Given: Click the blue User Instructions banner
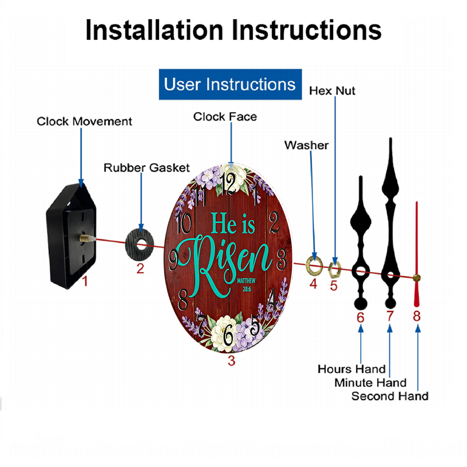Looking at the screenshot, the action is coord(230,84).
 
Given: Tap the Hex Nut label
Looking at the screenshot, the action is coord(332,91).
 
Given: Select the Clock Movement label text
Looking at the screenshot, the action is coord(84,121).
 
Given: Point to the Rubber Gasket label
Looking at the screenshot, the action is coord(147,168).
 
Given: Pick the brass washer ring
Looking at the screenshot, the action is coord(314,264).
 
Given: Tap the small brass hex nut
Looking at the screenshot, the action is coord(334,269).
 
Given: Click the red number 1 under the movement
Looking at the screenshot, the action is coord(85,281).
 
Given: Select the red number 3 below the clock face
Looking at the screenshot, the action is coord(232,361).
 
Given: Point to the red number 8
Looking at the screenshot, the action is coord(417,316).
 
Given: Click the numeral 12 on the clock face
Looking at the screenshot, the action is coord(229,184).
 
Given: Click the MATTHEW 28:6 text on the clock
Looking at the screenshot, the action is coord(246,285).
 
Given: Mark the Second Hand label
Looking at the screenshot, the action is coord(390,396).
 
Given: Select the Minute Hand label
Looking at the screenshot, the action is coord(370,382).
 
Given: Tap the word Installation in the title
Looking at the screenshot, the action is coord(154,30).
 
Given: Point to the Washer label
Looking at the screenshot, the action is coord(306,145).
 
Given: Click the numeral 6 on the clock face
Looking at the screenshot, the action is coord(228,335).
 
